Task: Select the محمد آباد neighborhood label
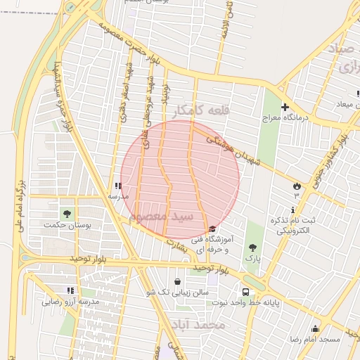pyautogui.click(x=199, y=325)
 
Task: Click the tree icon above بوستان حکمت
pyautogui.click(x=67, y=213)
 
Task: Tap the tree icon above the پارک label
pyautogui.click(x=252, y=247)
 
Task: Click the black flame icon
pyautogui.click(x=297, y=186)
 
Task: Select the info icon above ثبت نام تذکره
pyautogui.click(x=292, y=210)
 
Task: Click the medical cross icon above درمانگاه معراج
pyautogui.click(x=285, y=107)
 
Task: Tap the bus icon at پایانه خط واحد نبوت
pyautogui.click(x=245, y=292)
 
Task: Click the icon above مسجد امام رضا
pyautogui.click(x=315, y=328)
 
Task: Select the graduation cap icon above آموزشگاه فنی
pyautogui.click(x=212, y=229)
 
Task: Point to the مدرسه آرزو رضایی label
pyautogui.click(x=70, y=302)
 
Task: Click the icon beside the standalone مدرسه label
pyautogui.click(x=117, y=186)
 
